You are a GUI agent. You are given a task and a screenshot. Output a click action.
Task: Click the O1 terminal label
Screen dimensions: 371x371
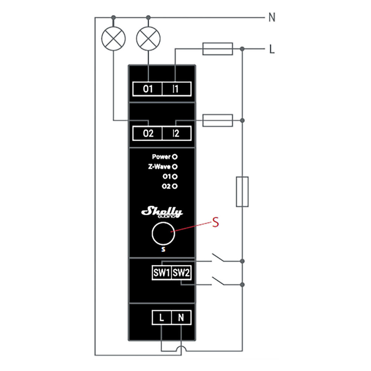coord(148,89)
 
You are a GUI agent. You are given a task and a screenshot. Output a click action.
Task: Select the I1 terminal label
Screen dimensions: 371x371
coord(176,89)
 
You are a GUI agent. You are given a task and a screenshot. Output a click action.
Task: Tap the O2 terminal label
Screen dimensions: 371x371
coord(148,133)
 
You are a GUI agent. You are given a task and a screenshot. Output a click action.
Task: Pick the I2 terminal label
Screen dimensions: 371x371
coord(176,133)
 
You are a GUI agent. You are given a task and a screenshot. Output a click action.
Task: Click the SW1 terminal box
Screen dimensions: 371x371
coord(161,273)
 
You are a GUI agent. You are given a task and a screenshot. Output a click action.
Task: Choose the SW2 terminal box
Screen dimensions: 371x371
coord(181,273)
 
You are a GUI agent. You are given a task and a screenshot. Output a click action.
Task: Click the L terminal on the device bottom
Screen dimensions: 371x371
coord(161,318)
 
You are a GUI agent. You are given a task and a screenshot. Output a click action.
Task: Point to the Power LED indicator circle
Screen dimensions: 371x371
coord(174,157)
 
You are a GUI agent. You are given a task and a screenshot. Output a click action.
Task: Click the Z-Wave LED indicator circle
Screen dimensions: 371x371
coord(174,167)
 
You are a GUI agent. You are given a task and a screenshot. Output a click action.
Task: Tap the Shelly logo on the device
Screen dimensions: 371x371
coord(162,212)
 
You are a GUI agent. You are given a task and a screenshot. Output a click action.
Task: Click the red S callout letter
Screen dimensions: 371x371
coord(214,223)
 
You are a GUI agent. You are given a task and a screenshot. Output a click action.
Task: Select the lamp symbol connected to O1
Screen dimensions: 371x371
coord(149,39)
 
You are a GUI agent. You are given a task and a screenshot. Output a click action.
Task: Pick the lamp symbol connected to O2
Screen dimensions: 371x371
coord(114,39)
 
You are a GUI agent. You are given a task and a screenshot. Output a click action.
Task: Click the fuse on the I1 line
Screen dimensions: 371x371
coord(217,49)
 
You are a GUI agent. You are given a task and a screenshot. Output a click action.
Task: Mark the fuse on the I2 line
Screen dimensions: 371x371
coord(217,120)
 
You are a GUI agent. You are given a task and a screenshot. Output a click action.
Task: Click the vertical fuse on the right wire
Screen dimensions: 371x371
coord(242,191)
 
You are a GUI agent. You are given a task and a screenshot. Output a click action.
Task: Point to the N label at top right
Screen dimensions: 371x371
coord(272,17)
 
